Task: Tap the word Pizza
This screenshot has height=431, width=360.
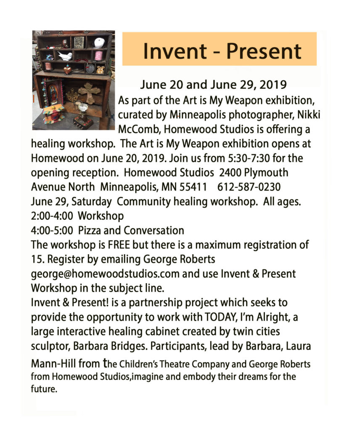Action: pyautogui.click(x=92, y=230)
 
